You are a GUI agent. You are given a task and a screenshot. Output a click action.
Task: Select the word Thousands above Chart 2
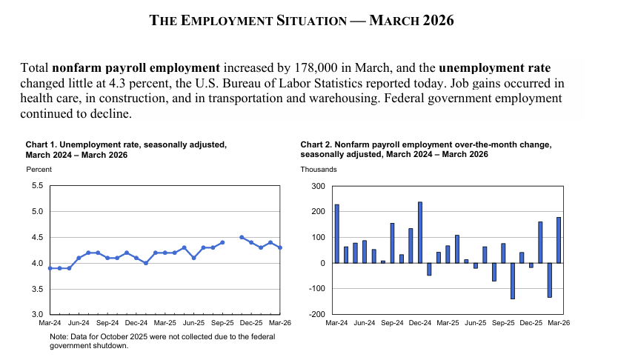[x=319, y=170]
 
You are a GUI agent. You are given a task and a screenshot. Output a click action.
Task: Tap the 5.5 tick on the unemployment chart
[x=38, y=186]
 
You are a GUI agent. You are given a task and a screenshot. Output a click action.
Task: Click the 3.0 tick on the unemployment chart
[x=38, y=315]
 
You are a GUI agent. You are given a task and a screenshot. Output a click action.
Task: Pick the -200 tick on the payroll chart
[x=318, y=315]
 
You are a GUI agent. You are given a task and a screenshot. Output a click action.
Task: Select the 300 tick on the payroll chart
[x=319, y=186]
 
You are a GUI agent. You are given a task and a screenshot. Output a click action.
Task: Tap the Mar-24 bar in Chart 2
[x=336, y=233]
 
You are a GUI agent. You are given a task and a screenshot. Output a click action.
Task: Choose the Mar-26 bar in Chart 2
[x=558, y=240]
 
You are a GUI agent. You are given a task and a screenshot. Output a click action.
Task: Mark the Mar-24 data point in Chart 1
[x=50, y=268]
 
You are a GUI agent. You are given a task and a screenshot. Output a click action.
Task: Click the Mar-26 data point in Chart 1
[x=279, y=247]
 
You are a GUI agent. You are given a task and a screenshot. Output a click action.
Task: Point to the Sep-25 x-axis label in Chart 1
[x=222, y=323]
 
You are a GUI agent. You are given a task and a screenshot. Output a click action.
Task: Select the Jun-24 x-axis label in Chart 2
[x=365, y=323]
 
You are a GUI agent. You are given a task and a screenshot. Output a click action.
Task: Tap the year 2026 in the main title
[x=438, y=21]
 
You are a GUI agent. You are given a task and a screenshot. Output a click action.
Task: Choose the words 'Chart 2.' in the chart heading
[x=316, y=144]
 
